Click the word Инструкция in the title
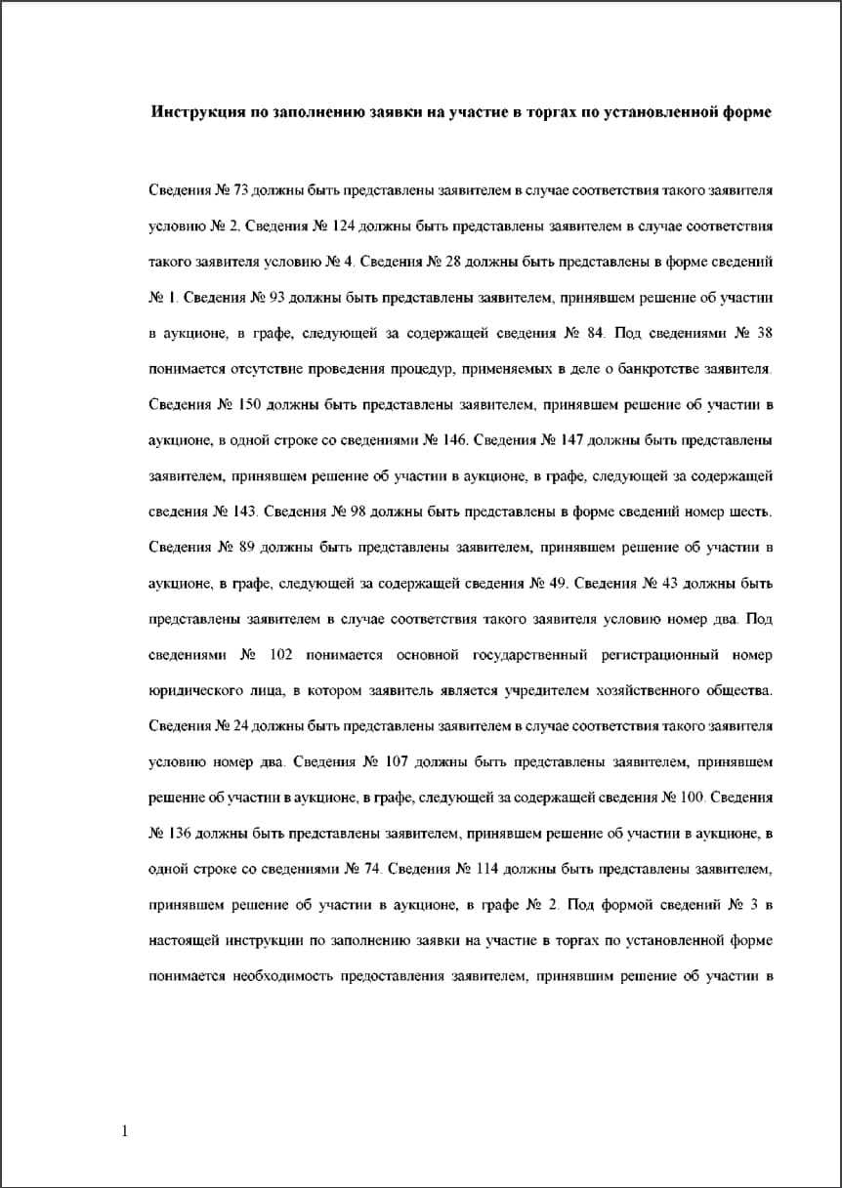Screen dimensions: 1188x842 (197, 112)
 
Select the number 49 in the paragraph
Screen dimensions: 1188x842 (560, 585)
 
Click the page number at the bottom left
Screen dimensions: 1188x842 (124, 1131)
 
